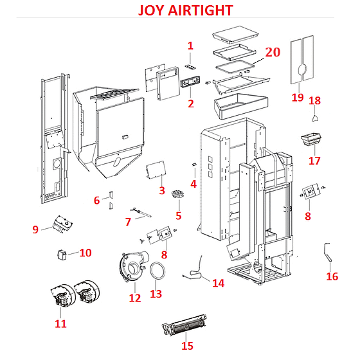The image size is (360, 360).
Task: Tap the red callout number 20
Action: (273, 52)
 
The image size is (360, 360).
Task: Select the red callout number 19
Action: (297, 98)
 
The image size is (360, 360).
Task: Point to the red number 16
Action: (332, 277)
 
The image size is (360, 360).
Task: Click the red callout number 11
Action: (60, 324)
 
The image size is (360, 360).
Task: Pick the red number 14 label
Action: (218, 283)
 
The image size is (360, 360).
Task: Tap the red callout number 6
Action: (97, 201)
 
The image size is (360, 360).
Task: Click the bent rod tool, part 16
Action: (329, 252)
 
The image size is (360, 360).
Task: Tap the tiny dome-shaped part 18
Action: (315, 118)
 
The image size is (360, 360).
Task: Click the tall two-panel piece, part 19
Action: (301, 63)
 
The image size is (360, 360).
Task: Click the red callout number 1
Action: (190, 46)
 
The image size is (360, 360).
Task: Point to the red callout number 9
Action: (35, 229)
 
